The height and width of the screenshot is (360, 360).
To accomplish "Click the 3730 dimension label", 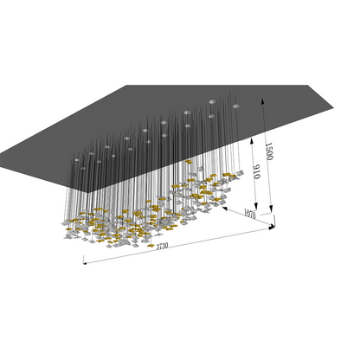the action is click(x=162, y=246).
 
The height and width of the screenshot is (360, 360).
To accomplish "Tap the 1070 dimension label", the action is click(x=250, y=214).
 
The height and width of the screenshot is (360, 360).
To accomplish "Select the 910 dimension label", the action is click(x=256, y=172).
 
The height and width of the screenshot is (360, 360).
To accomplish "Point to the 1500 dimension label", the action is click(x=269, y=151).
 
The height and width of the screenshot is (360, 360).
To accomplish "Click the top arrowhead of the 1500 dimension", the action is click(x=262, y=101).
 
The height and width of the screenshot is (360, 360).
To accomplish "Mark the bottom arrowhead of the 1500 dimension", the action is click(x=271, y=209).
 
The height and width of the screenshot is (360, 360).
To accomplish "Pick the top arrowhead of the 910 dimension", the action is click(x=252, y=140).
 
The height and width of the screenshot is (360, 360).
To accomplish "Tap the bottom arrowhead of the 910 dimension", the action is click(x=255, y=206).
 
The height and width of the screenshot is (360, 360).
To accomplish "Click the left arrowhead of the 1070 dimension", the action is click(x=224, y=208).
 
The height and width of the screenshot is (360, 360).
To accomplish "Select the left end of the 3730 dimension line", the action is click(x=84, y=263).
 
